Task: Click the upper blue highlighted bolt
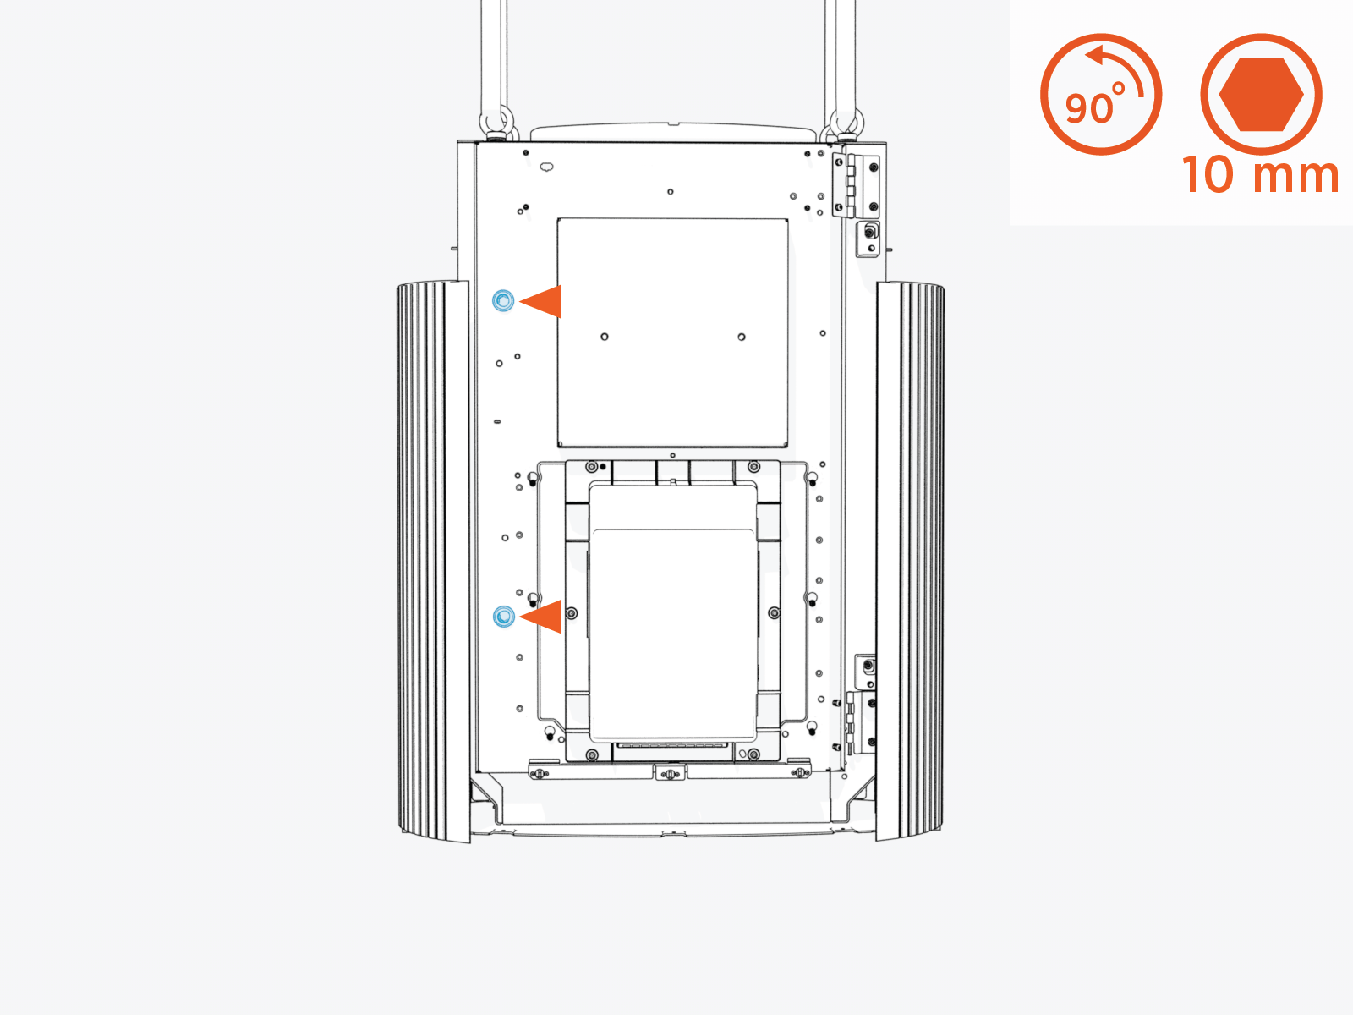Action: tap(503, 300)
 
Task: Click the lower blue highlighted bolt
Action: tap(504, 617)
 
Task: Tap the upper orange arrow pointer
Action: tap(543, 301)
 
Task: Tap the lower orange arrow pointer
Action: tap(543, 617)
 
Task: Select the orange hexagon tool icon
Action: tap(1261, 94)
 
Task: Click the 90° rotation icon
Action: tap(1100, 94)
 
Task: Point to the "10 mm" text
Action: tap(1260, 175)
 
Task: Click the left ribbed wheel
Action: tap(432, 561)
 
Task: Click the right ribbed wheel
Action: tap(910, 561)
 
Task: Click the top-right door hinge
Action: tap(855, 185)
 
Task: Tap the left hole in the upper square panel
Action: tap(605, 337)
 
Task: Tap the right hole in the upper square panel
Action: tap(742, 337)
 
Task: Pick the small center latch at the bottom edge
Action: tap(670, 773)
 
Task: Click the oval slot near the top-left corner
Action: tap(546, 167)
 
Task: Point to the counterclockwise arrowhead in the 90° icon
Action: tap(1097, 56)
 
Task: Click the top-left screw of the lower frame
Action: tap(591, 467)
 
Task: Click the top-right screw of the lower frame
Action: tap(753, 467)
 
